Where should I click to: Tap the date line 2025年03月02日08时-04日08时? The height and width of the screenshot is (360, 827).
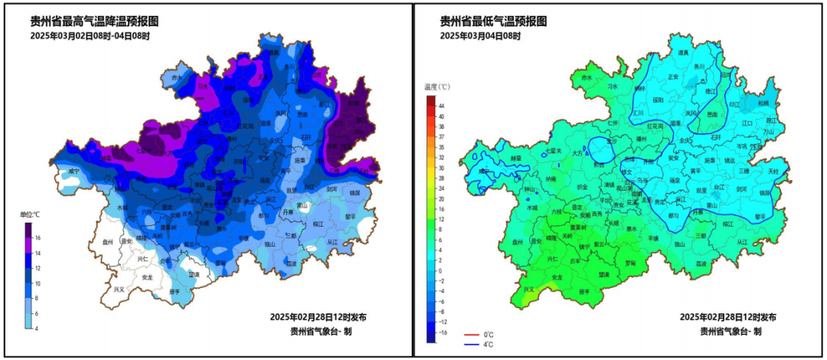(x=90, y=36)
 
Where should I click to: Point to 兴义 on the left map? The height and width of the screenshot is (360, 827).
(x=119, y=290)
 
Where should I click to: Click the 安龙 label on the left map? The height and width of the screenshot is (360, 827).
(x=148, y=277)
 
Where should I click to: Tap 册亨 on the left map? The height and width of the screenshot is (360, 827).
(x=174, y=292)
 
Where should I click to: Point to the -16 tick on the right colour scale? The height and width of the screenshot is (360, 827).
(x=438, y=332)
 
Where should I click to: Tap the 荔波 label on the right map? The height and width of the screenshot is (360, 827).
(x=701, y=263)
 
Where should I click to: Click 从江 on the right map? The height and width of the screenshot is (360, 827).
(x=740, y=242)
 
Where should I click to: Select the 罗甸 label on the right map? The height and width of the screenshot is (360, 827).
(x=630, y=263)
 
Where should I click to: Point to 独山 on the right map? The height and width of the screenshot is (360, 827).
(x=678, y=244)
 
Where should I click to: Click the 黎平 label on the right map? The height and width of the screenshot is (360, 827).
(x=760, y=217)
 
